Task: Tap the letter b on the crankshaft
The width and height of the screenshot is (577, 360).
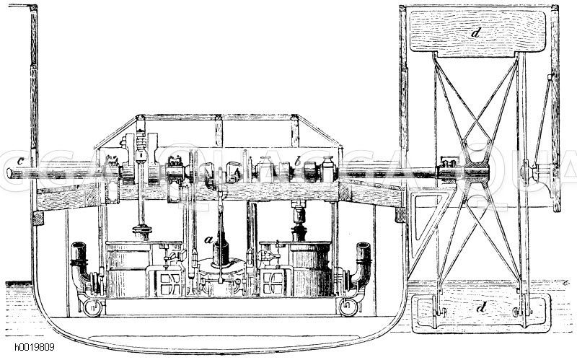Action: coord(296,164)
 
